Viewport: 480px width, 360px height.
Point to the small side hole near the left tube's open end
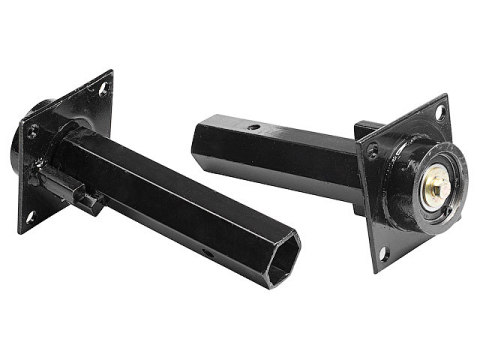click(x=208, y=252)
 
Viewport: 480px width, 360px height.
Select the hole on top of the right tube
click(x=255, y=127)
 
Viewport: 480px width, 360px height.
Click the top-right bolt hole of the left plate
click(x=102, y=91)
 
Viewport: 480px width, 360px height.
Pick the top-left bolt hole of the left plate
click(x=33, y=130)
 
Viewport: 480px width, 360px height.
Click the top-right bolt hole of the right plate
click(x=440, y=114)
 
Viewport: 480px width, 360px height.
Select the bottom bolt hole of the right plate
click(x=384, y=253)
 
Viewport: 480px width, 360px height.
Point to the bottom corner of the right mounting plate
click(x=381, y=271)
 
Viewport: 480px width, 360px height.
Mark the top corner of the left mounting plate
click(x=108, y=72)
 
